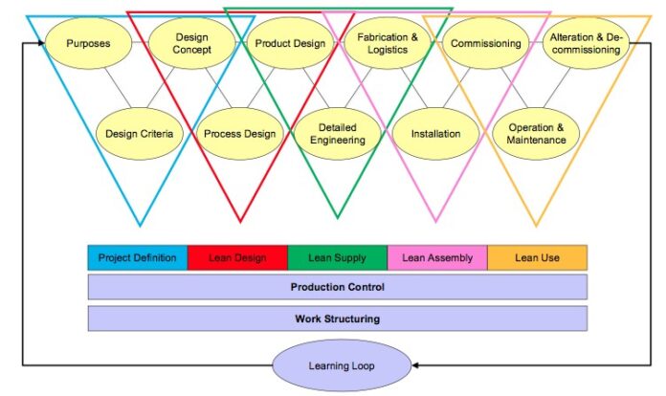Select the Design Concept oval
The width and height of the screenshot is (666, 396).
pyautogui.click(x=191, y=44)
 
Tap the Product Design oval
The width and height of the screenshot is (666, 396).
pyautogui.click(x=290, y=43)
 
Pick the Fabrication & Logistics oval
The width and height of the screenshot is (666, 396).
pyautogui.click(x=388, y=43)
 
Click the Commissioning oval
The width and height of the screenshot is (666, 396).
pyautogui.click(x=486, y=43)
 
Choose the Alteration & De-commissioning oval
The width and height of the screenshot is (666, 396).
pyautogui.click(x=586, y=43)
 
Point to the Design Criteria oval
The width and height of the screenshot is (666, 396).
pyautogui.click(x=141, y=134)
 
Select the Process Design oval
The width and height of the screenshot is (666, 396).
pyautogui.click(x=240, y=134)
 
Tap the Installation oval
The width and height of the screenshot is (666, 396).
pyautogui.click(x=436, y=134)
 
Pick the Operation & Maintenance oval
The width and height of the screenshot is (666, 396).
pyautogui.click(x=536, y=134)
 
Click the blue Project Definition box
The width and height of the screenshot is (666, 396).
pyautogui.click(x=137, y=257)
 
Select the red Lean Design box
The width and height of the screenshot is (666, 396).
pyautogui.click(x=237, y=257)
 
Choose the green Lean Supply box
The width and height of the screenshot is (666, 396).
pyautogui.click(x=337, y=257)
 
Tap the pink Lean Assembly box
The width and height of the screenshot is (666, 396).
pyautogui.click(x=436, y=257)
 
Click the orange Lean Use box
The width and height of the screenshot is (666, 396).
pyautogui.click(x=537, y=257)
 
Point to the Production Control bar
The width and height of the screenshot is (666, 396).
pyautogui.click(x=337, y=287)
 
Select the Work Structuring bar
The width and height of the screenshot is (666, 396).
pyautogui.click(x=337, y=319)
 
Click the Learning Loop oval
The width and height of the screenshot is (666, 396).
pyautogui.click(x=342, y=365)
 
